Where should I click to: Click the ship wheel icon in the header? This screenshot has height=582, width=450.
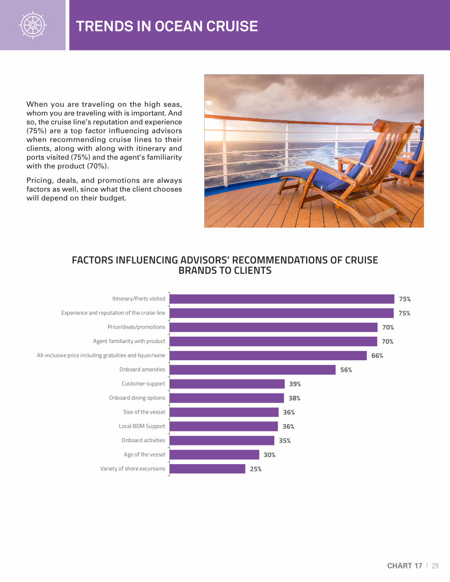pyautogui.click(x=32, y=25)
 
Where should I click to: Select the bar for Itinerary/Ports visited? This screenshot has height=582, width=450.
pyautogui.click(x=282, y=299)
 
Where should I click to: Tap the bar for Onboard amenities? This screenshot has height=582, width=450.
pyautogui.click(x=253, y=369)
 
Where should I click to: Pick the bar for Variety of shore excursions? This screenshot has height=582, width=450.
pyautogui.click(x=207, y=468)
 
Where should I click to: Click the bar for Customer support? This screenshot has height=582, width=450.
pyautogui.click(x=227, y=384)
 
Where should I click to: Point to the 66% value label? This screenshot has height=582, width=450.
pyautogui.click(x=377, y=355)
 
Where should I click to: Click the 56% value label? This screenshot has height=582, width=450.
pyautogui.click(x=346, y=370)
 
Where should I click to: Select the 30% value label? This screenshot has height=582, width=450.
pyautogui.click(x=269, y=455)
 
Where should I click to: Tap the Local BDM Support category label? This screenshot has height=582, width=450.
pyautogui.click(x=142, y=426)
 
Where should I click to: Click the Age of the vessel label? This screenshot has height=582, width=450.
pyautogui.click(x=144, y=455)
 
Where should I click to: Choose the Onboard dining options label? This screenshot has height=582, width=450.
pyautogui.click(x=137, y=398)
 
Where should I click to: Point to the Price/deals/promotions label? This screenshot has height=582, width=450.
pyautogui.click(x=136, y=327)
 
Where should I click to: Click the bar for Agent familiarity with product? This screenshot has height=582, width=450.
pyautogui.click(x=273, y=342)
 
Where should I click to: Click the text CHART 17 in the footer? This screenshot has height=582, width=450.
pyautogui.click(x=404, y=566)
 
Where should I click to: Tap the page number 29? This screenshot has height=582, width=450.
pyautogui.click(x=435, y=566)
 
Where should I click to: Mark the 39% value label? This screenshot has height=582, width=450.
pyautogui.click(x=295, y=384)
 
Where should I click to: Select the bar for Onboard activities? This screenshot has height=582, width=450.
pyautogui.click(x=222, y=440)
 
